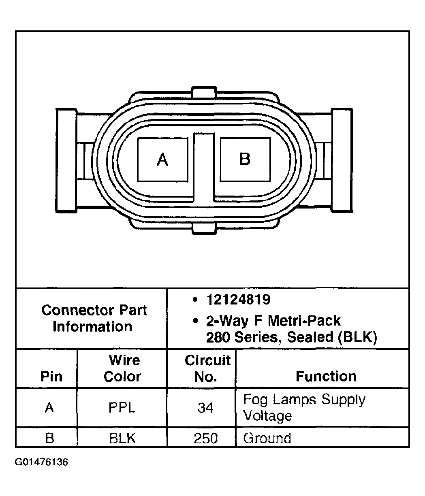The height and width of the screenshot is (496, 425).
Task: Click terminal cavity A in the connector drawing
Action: [162, 160]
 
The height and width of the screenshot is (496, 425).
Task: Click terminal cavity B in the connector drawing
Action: [245, 160]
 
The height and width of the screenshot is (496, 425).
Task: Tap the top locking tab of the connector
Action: [204, 92]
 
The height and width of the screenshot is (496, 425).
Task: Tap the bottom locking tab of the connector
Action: [204, 228]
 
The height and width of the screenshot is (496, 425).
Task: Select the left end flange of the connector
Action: [66, 160]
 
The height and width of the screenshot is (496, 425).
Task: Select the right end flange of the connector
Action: [342, 160]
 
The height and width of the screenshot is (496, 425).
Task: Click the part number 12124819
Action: [238, 300]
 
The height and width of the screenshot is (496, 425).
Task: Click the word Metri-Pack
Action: [304, 321]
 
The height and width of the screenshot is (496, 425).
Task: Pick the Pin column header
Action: [51, 377]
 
